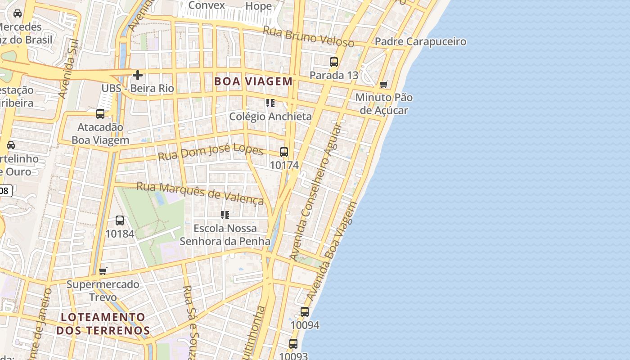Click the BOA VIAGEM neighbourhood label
(253, 81)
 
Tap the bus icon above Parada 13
(333, 62)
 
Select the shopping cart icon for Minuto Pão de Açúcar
(383, 84)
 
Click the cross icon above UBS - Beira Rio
(137, 75)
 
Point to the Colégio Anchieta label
(270, 117)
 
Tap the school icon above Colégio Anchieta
(270, 103)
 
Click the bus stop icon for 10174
(283, 152)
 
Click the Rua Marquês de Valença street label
(200, 193)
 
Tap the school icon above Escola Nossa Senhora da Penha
(225, 215)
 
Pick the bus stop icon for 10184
(119, 220)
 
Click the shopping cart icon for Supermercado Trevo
(103, 271)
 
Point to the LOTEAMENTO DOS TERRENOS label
(103, 324)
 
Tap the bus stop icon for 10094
(305, 312)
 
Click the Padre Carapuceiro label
(420, 42)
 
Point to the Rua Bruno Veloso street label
(308, 36)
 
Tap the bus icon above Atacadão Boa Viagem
(100, 114)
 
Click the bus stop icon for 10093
(293, 344)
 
